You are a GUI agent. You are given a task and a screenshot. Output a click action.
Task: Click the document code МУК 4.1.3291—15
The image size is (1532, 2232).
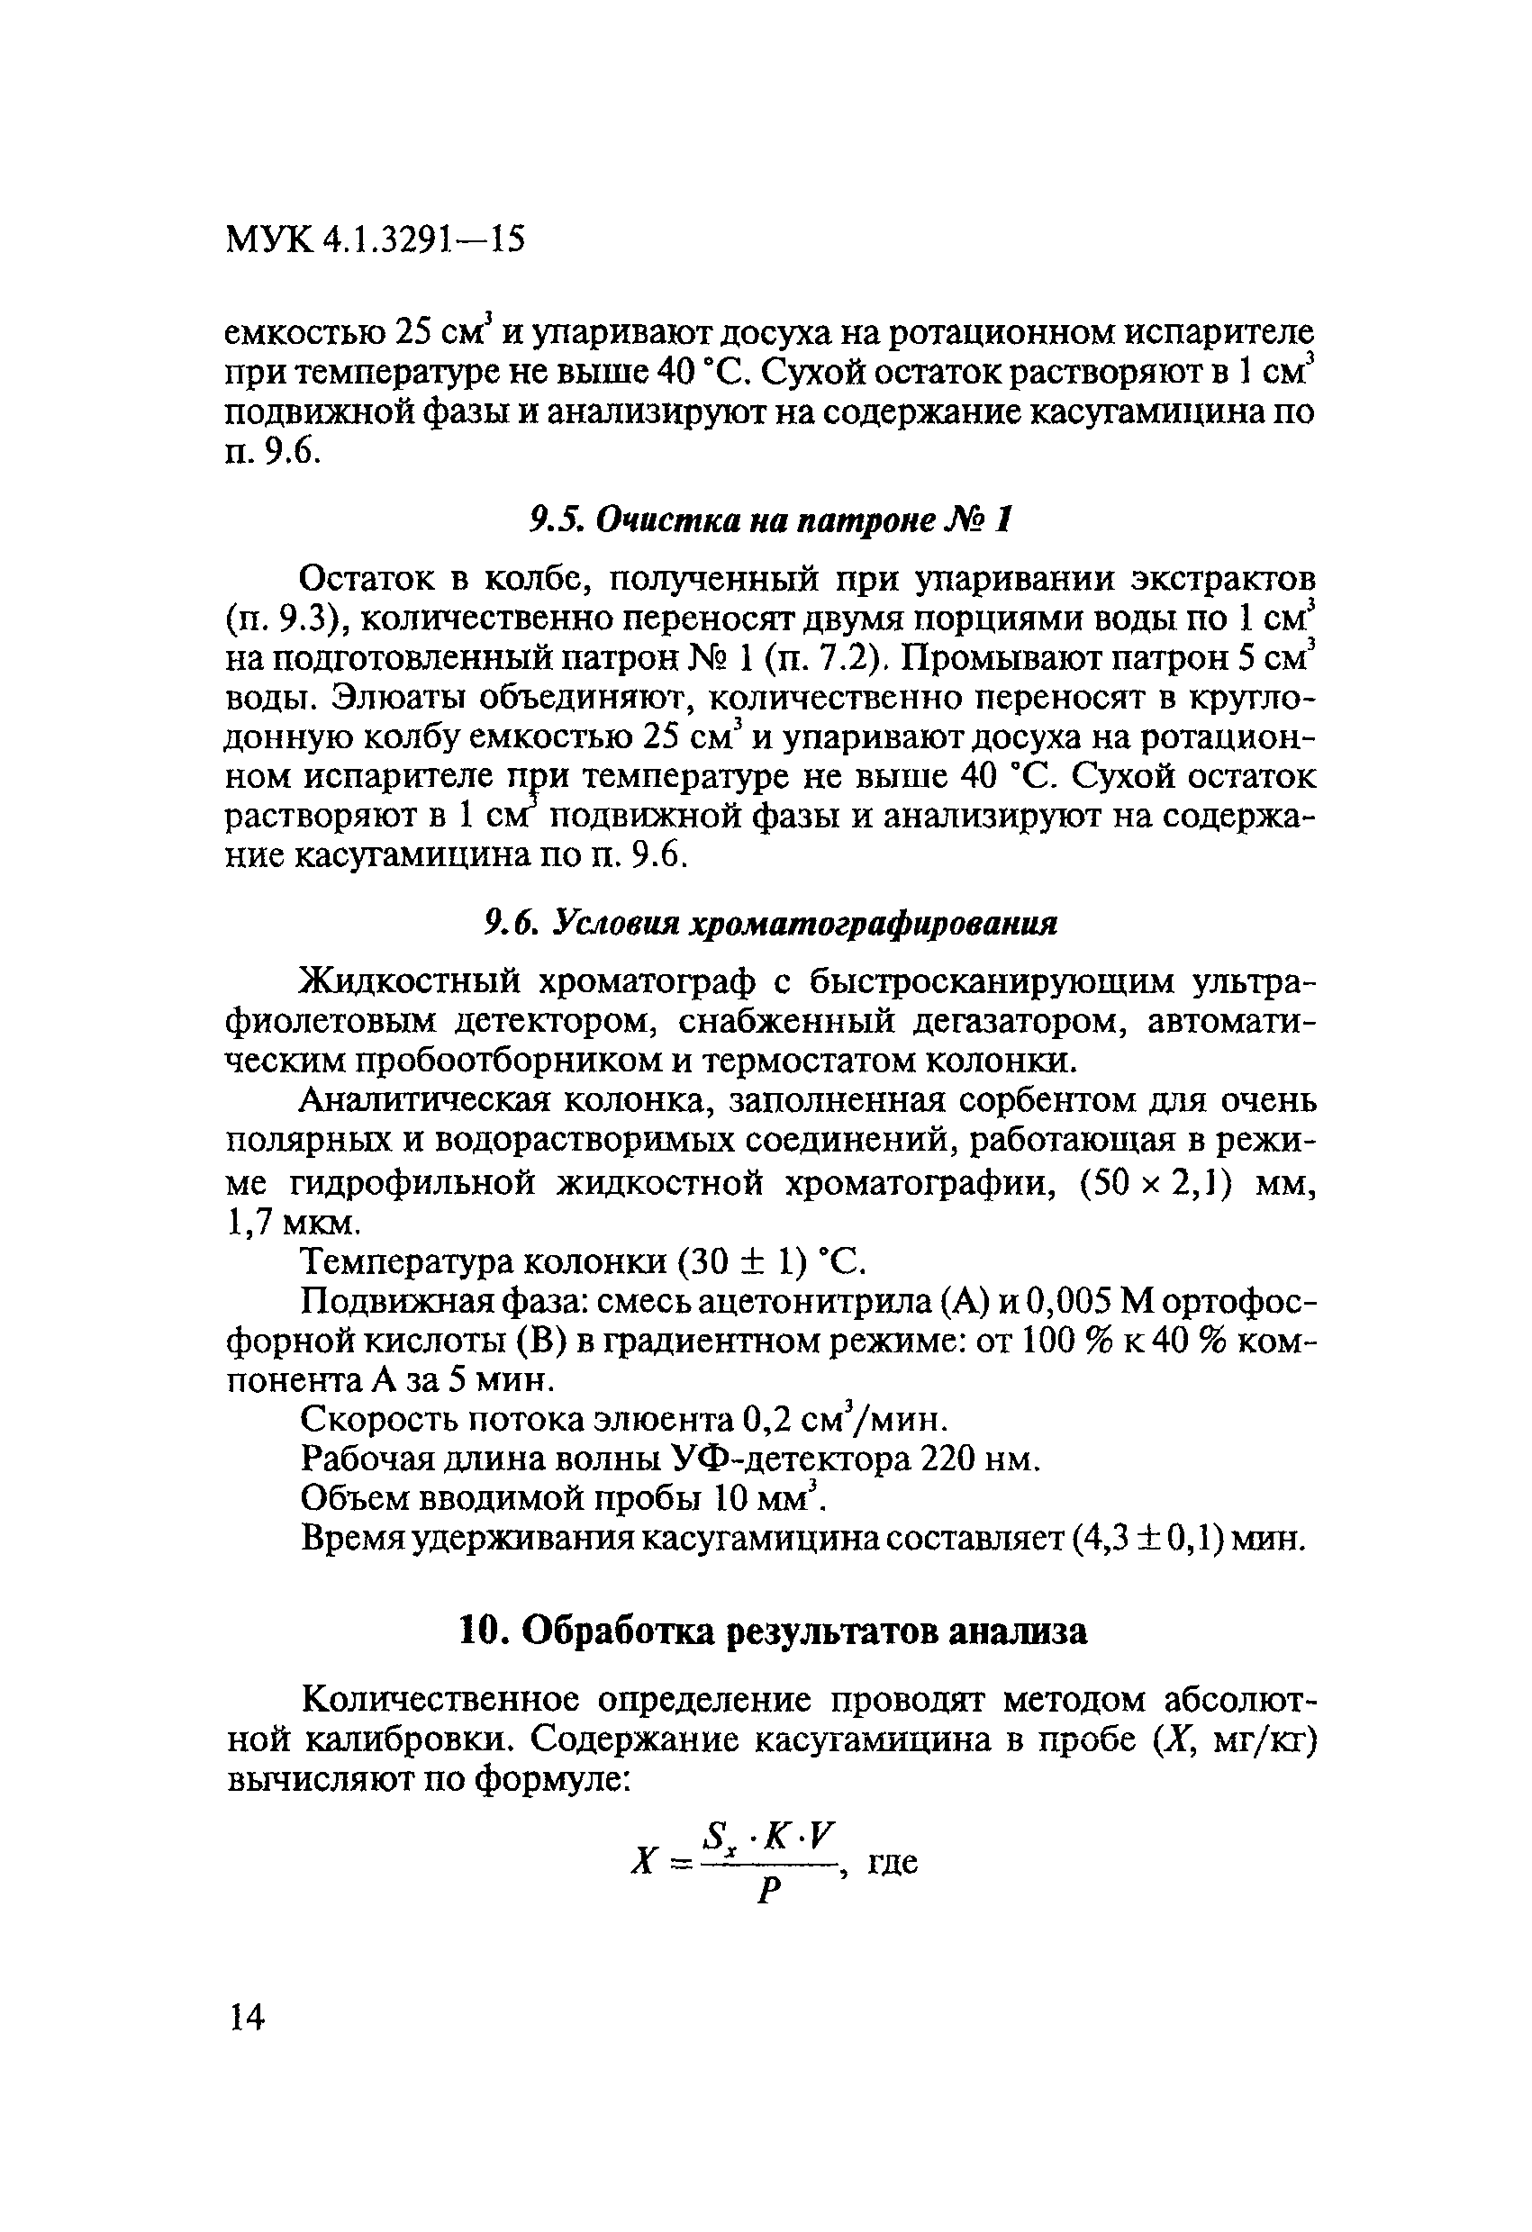376,240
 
